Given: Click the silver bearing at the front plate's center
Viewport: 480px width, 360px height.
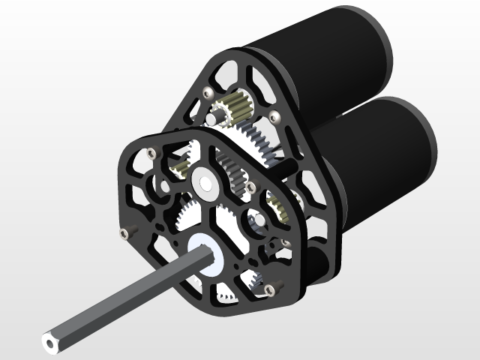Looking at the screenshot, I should pyautogui.click(x=204, y=181).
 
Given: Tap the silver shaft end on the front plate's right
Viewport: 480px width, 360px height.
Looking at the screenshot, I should pyautogui.click(x=256, y=220).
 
